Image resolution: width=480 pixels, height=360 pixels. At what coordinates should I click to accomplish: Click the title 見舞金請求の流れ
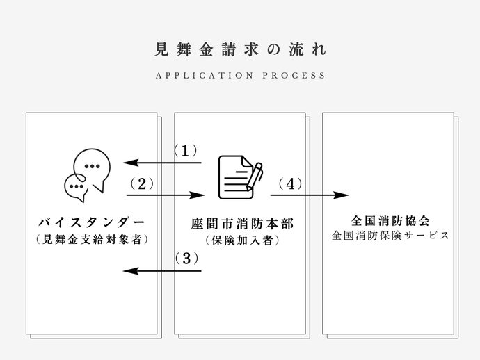tap(239, 50)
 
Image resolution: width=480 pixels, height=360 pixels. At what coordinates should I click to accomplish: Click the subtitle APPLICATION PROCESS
tap(240, 76)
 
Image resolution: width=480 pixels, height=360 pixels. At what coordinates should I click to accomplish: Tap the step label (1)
tap(186, 150)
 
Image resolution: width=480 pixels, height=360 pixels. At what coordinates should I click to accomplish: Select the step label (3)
tap(186, 259)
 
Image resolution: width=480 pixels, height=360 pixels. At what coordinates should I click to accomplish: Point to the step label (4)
tap(290, 183)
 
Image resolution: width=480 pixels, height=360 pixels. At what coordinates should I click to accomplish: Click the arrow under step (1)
tap(162, 163)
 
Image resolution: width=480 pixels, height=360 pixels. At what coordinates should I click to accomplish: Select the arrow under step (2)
tap(167, 196)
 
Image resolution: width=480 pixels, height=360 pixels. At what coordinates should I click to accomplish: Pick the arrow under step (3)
tap(162, 270)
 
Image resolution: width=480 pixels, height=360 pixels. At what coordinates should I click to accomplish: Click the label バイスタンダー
tap(92, 222)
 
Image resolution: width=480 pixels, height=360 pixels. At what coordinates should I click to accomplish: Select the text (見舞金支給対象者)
tap(92, 240)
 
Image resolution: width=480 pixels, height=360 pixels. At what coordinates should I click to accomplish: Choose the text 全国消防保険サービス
tap(390, 236)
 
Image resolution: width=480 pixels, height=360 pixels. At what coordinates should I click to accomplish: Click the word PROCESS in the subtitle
tap(301, 76)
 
